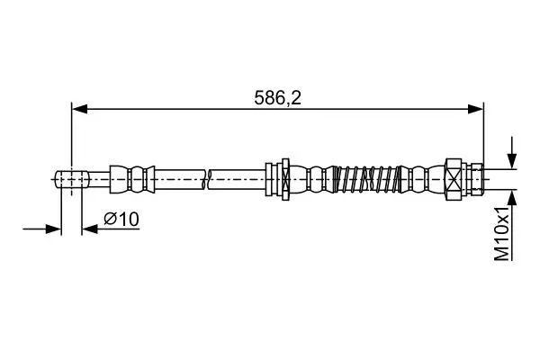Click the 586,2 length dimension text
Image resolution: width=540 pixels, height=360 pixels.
point(277,98)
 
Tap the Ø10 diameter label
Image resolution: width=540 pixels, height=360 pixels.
point(121,219)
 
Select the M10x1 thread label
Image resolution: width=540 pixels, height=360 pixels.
point(502,234)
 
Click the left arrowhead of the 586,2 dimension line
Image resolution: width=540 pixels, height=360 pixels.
point(79,109)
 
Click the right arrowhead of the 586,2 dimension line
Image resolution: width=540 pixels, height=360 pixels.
point(475,109)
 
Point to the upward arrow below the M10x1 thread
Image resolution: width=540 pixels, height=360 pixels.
point(512,206)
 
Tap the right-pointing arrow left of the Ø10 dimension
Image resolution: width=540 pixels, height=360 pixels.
point(42,229)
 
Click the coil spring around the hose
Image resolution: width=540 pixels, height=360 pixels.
point(367,179)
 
